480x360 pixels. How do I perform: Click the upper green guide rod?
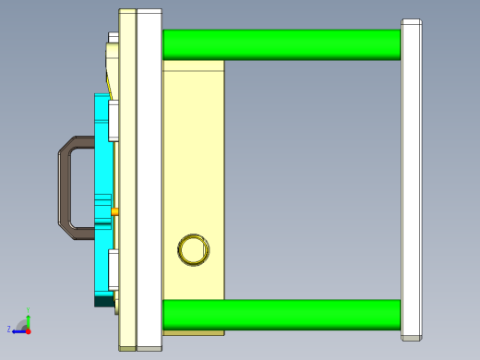click(282, 44)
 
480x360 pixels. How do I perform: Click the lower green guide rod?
click(282, 314)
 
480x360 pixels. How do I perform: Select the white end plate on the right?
click(412, 175)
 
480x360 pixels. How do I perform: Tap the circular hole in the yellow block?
click(193, 249)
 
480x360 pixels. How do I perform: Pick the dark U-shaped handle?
click(65, 185)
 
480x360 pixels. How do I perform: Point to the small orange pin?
click(114, 211)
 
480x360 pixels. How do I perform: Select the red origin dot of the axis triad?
click(28, 330)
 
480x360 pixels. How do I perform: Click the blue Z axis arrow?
click(18, 330)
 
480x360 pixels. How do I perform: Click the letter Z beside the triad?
click(9, 329)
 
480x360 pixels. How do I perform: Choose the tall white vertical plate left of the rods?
click(149, 180)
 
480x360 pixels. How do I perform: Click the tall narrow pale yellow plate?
click(127, 180)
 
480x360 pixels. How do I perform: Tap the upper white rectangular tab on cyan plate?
click(114, 120)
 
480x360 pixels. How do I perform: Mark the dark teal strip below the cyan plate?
click(103, 300)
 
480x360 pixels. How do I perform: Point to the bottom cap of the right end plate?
click(412, 335)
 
